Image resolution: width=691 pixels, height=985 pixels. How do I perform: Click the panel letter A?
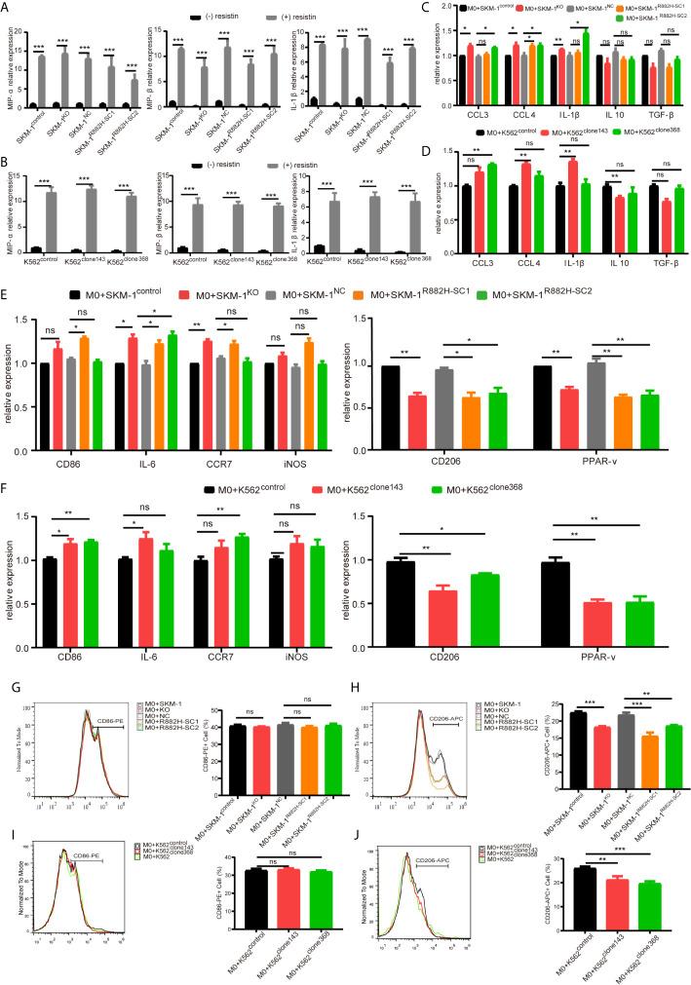8,8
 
